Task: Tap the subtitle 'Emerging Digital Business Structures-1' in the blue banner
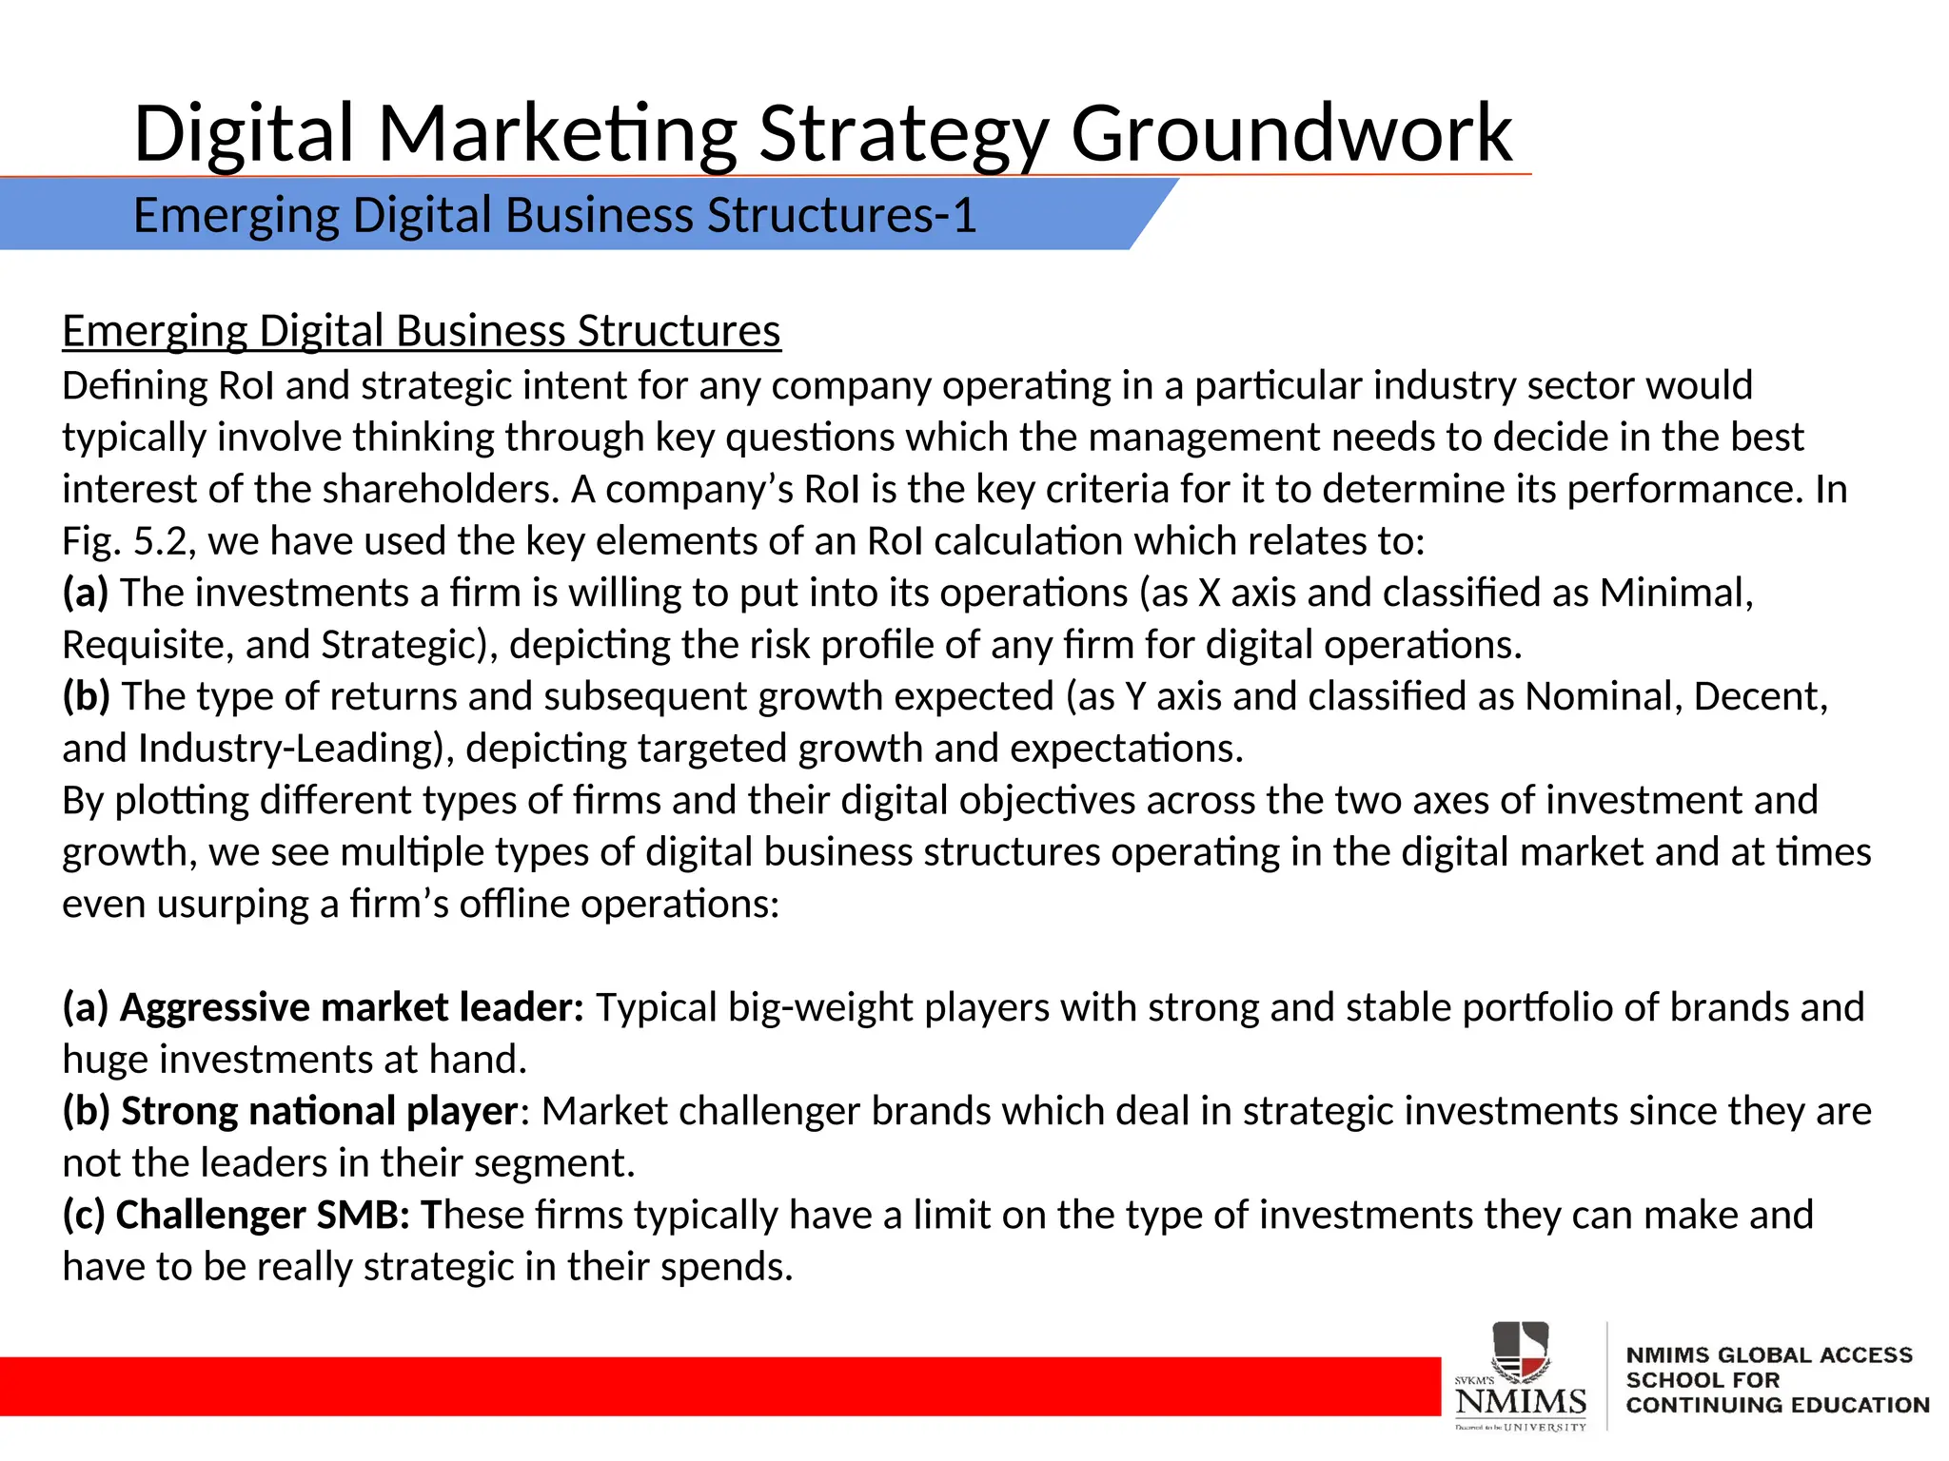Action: pyautogui.click(x=554, y=215)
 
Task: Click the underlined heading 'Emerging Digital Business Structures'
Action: pyautogui.click(x=422, y=331)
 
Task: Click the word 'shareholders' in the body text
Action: pyautogui.click(x=438, y=489)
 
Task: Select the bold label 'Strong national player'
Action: pyautogui.click(x=320, y=1111)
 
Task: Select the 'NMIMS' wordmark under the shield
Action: pyautogui.click(x=1521, y=1401)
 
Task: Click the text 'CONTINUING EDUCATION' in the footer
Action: pyautogui.click(x=1777, y=1405)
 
